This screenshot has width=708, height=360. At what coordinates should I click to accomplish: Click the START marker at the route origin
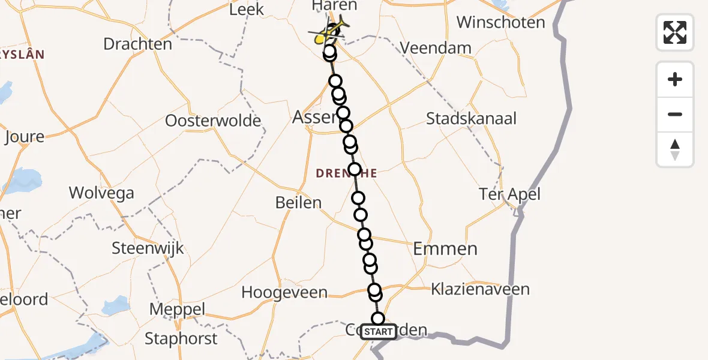(379, 332)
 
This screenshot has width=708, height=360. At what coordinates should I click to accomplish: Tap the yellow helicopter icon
(332, 32)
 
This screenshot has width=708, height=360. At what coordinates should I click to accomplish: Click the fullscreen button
(675, 32)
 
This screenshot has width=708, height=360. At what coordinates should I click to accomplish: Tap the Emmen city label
(445, 248)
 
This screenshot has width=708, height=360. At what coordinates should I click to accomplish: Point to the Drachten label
(137, 44)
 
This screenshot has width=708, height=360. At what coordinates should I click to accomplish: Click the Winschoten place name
(500, 23)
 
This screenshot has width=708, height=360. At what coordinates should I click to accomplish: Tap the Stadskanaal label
(471, 118)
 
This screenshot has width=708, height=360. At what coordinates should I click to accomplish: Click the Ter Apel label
(509, 194)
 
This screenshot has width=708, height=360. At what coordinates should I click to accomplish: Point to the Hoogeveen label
(284, 293)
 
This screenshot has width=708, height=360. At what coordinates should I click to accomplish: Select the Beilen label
(298, 203)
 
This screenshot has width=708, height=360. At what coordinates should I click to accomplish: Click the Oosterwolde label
(213, 121)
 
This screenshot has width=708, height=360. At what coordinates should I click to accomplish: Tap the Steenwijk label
(148, 248)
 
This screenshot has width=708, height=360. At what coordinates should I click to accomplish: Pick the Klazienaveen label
(480, 290)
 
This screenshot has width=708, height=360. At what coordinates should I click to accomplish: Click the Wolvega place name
(101, 193)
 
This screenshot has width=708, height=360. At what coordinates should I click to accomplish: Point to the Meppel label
(177, 310)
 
